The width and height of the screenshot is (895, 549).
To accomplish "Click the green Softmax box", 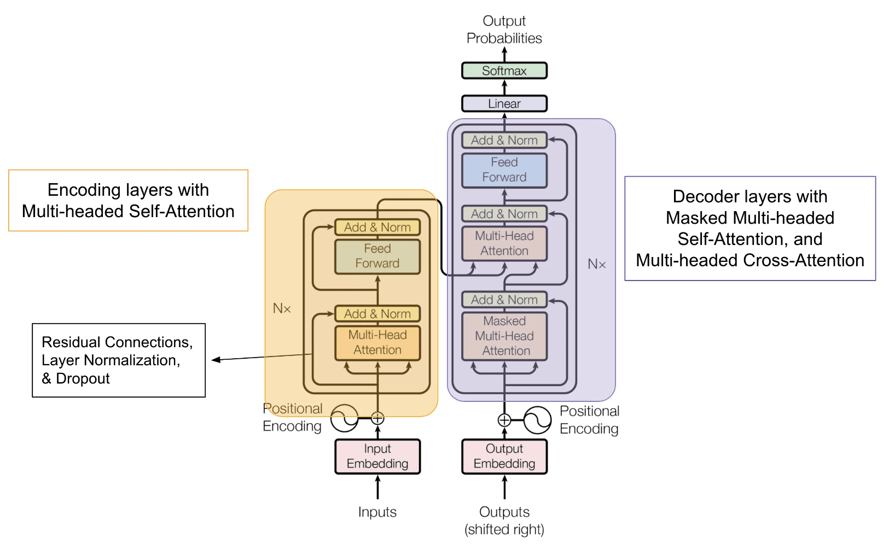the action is tap(504, 71).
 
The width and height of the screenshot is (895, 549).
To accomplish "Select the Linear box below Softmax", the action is tap(504, 104).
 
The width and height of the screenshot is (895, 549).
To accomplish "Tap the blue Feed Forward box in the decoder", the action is tap(504, 170).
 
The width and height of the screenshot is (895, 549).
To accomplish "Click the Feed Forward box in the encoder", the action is tap(377, 256).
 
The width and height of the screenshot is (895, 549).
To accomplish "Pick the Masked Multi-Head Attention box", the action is tap(504, 336).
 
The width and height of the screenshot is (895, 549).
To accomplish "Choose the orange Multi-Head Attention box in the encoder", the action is tap(377, 343).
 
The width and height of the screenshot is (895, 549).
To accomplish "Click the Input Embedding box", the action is tap(377, 457).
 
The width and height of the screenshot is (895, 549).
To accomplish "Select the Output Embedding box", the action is tap(504, 457).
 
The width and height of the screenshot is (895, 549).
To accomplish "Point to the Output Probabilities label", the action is tap(504, 30).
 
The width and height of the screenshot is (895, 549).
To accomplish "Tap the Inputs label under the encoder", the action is tap(377, 512).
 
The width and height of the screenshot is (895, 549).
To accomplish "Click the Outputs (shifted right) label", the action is tap(504, 521).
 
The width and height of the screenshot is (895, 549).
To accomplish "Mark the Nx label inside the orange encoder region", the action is tap(282, 308).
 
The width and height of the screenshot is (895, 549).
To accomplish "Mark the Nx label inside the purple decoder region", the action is tap(596, 264).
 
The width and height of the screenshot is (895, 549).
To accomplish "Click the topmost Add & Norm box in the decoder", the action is tap(504, 140).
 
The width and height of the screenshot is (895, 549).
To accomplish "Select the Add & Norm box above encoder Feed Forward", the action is tap(377, 227).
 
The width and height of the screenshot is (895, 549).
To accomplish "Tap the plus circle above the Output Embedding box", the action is tap(504, 420).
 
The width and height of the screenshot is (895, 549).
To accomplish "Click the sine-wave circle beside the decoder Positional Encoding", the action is tap(537, 420).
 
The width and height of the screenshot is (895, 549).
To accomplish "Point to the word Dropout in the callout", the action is tap(83, 378).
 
